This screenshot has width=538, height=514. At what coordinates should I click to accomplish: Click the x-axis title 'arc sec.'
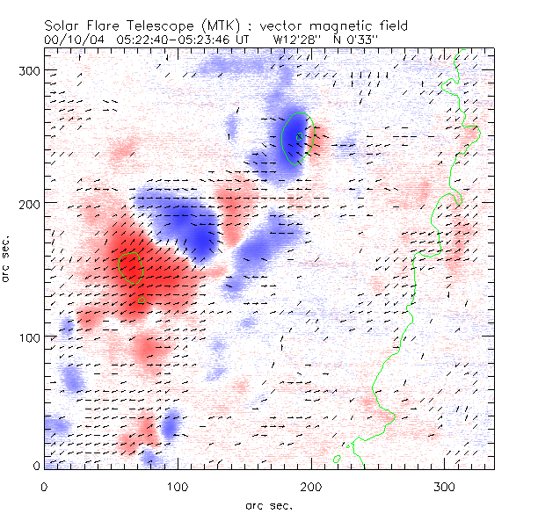[x=267, y=504]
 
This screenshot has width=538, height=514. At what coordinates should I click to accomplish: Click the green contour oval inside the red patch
[x=130, y=267]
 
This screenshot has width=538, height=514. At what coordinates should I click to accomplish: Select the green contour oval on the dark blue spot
[x=296, y=139]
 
